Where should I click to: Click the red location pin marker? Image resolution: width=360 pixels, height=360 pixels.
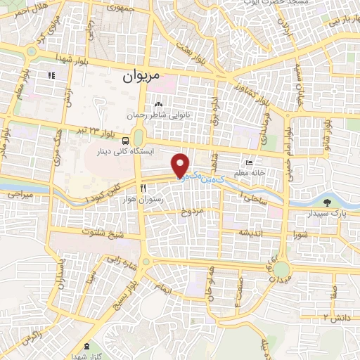[181, 165]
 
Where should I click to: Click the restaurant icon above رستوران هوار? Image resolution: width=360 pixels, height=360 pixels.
[143, 188]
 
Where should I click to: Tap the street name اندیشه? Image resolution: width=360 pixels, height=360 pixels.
[252, 232]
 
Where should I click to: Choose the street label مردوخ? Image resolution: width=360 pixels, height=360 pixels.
[191, 211]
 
